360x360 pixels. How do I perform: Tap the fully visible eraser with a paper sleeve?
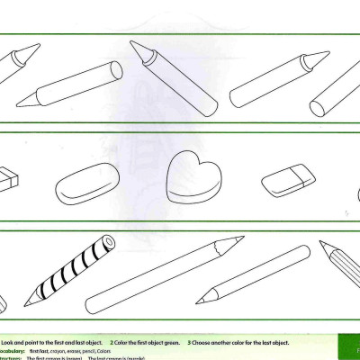pyautogui.click(x=286, y=179)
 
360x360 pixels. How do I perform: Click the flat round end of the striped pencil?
pyautogui.click(x=108, y=240)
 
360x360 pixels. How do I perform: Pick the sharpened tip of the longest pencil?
pyautogui.click(x=242, y=238)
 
